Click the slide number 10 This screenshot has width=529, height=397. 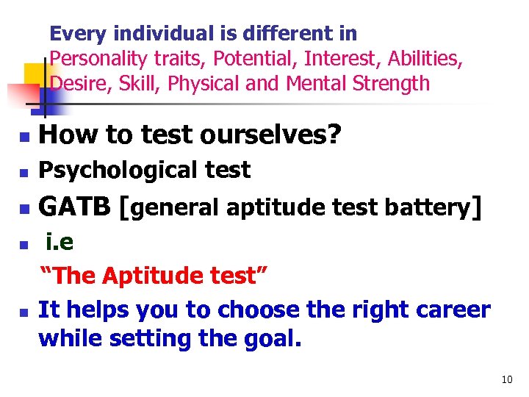pyautogui.click(x=506, y=380)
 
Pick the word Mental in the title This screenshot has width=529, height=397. pyautogui.click(x=315, y=84)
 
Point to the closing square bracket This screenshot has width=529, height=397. pyautogui.click(x=478, y=209)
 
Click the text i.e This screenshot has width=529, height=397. pyautogui.click(x=60, y=240)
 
